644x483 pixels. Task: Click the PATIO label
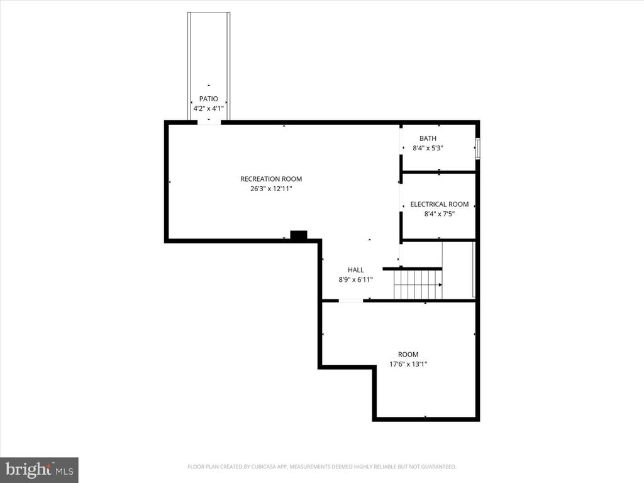pyautogui.click(x=208, y=99)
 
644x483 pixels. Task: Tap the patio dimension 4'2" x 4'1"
pyautogui.click(x=208, y=108)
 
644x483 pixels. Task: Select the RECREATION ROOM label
pyautogui.click(x=271, y=179)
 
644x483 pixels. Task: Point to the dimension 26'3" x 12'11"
pyautogui.click(x=271, y=188)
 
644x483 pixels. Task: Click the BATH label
pyautogui.click(x=428, y=138)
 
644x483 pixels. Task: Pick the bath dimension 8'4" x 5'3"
pyautogui.click(x=428, y=148)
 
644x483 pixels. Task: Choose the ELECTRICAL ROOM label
pyautogui.click(x=439, y=204)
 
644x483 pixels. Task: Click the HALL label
pyautogui.click(x=356, y=270)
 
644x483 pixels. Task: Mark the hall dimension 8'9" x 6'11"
pyautogui.click(x=356, y=280)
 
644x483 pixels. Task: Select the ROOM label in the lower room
pyautogui.click(x=408, y=354)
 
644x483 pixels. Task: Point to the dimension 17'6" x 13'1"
pyautogui.click(x=408, y=364)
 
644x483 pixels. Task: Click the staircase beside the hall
pyautogui.click(x=418, y=284)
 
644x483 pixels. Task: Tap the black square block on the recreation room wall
pyautogui.click(x=299, y=235)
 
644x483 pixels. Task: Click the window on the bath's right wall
pyautogui.click(x=478, y=148)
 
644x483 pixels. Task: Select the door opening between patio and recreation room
pyautogui.click(x=209, y=122)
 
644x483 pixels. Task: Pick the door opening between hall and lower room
pyautogui.click(x=351, y=301)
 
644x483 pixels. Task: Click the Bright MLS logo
pyautogui.click(x=39, y=469)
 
